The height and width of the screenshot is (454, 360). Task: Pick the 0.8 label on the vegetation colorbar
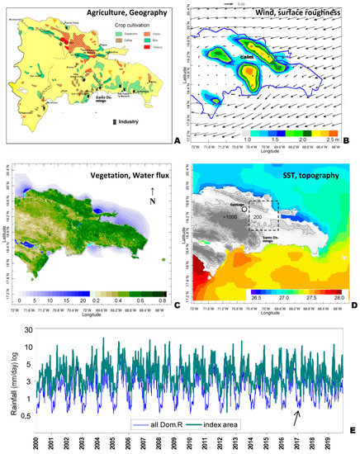161,302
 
